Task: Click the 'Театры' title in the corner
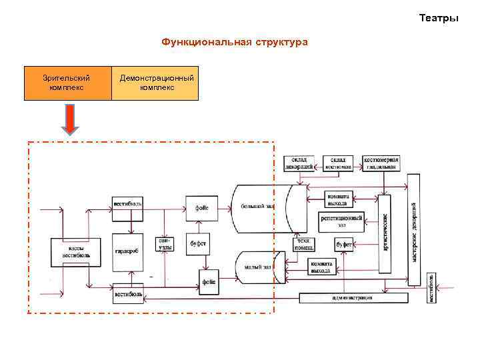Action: pos(439,18)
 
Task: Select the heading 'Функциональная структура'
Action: pos(234,43)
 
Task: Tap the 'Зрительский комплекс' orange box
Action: pos(67,83)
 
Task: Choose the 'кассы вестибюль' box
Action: pos(77,251)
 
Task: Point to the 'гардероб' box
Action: pos(127,252)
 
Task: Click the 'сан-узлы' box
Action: pos(165,245)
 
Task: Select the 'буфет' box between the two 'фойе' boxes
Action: pos(198,244)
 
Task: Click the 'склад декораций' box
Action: pos(299,163)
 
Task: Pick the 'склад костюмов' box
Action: pos(339,163)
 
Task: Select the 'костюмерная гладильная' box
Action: pos(381,163)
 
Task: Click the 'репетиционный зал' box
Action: pos(341,221)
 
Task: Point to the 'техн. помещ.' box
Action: pos(305,244)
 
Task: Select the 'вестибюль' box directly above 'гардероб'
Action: pos(127,203)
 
